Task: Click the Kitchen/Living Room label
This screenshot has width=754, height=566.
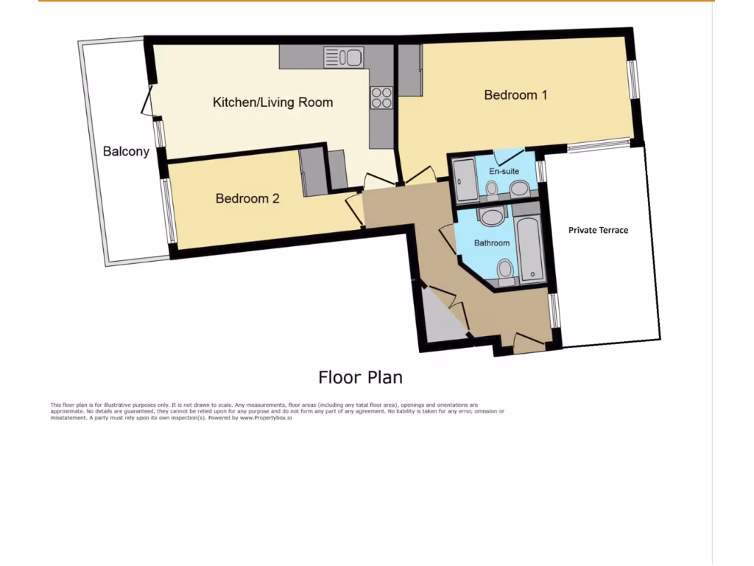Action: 272,102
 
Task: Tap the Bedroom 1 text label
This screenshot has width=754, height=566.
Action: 515,94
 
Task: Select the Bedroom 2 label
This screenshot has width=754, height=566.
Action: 247,198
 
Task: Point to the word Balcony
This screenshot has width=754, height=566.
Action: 126,151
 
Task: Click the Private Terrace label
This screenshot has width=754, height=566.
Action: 598,230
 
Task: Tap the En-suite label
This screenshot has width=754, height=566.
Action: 504,171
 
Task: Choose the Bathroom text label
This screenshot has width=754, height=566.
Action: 491,242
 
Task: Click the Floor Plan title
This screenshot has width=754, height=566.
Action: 360,377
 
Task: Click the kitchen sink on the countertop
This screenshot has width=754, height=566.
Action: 343,57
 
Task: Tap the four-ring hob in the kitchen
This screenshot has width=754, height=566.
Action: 381,98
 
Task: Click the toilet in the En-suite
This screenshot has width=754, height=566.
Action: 492,190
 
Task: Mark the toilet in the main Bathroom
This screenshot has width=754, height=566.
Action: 506,270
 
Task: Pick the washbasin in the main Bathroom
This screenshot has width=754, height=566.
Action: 490,216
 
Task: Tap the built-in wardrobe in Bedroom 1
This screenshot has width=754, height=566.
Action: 410,70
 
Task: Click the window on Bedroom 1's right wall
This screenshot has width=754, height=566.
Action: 633,79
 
